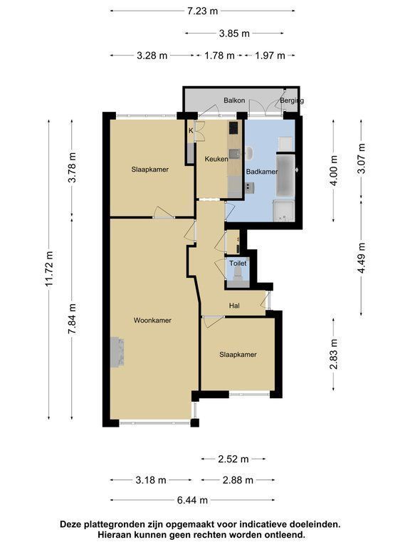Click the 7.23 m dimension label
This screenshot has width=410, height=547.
pos(203,11)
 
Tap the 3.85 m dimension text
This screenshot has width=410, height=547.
pos(234,33)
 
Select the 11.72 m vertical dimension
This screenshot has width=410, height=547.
pos(49,269)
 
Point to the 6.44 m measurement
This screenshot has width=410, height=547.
pos(192,500)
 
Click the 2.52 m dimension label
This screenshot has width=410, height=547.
pos(233,459)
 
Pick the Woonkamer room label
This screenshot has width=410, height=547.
pos(152,321)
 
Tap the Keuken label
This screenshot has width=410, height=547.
pos(216,159)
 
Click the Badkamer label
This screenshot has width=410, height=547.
pos(262,172)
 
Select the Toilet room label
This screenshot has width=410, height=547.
pos(238,264)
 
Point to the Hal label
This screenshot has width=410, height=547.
pos(234,306)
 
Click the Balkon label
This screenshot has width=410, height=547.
pos(234,100)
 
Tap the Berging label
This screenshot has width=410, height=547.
pos(292,101)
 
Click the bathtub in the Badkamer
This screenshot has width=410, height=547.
pos(285,176)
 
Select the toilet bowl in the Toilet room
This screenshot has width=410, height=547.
pos(238,273)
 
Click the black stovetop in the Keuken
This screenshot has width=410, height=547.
pos(233,128)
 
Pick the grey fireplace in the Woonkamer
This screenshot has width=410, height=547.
pos(117,352)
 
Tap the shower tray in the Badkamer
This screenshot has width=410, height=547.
pos(284,211)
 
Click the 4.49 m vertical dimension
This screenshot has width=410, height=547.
pos(362,258)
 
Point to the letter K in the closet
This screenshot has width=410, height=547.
pos(191,131)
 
